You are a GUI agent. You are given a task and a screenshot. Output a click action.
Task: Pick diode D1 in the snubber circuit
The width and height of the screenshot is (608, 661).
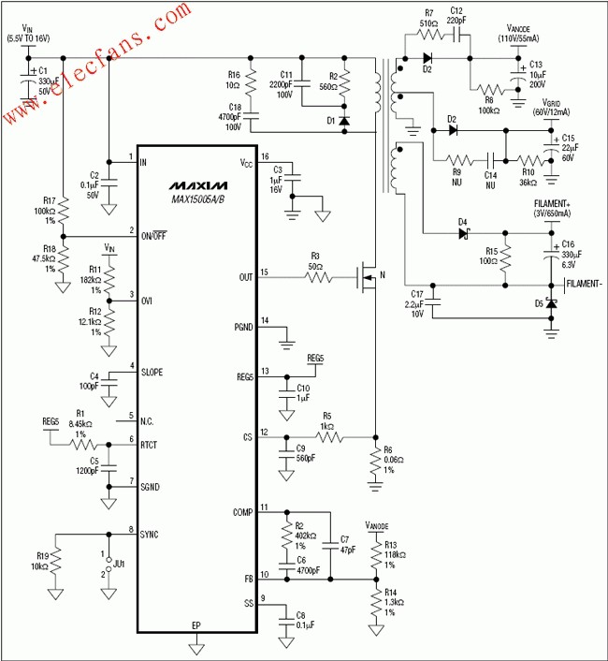click(345, 121)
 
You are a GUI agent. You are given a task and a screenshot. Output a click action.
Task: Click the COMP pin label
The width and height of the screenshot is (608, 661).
click(242, 511)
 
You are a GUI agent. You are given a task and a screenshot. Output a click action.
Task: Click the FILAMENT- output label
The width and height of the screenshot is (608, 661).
click(582, 283)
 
